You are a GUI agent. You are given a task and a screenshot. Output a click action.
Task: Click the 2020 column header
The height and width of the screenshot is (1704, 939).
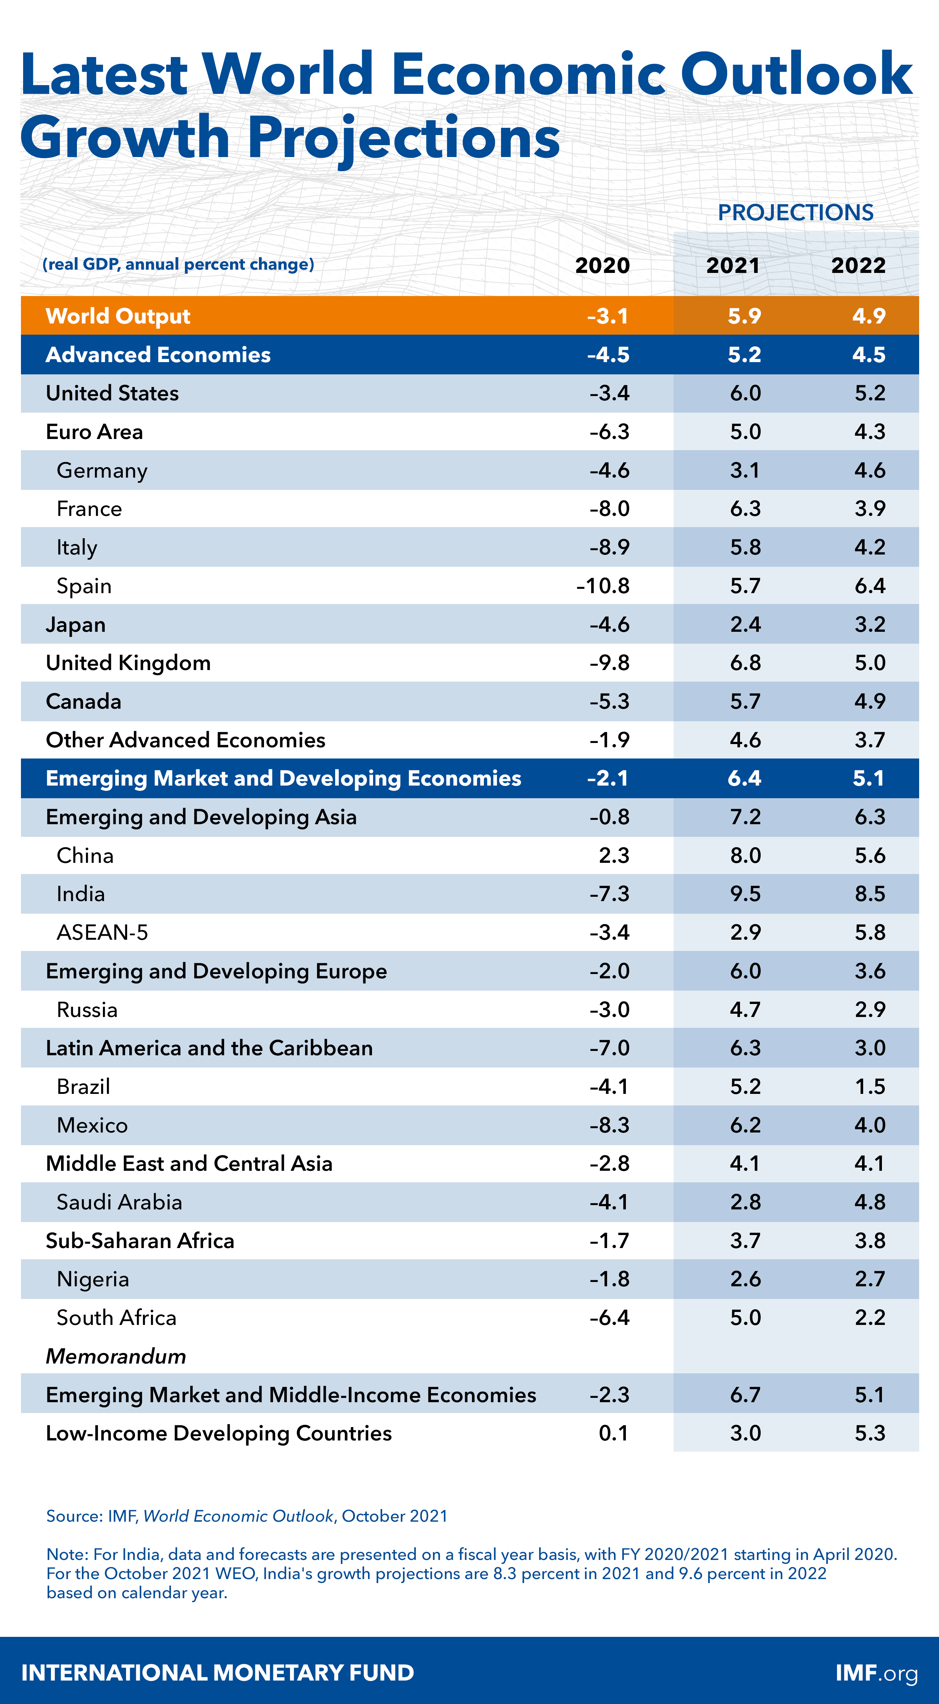pyautogui.click(x=602, y=265)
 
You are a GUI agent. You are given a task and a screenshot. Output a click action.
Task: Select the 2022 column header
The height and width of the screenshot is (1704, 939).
pyautogui.click(x=858, y=265)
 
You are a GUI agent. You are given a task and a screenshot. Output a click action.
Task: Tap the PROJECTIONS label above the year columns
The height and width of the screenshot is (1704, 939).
pyautogui.click(x=795, y=212)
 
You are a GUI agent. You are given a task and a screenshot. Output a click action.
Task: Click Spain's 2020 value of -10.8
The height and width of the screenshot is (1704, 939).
pyautogui.click(x=603, y=586)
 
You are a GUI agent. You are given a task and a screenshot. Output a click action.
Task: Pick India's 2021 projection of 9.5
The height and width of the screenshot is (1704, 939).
pyautogui.click(x=745, y=894)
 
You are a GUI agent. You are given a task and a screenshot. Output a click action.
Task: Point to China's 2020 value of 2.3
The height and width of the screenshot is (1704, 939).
pyautogui.click(x=614, y=855)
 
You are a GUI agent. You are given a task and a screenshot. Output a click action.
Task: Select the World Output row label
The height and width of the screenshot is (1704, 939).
pyautogui.click(x=118, y=316)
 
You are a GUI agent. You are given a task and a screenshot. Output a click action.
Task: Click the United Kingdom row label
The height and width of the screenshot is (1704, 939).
pyautogui.click(x=128, y=663)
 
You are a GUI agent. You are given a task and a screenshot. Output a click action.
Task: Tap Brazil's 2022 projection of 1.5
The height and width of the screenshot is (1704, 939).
pyautogui.click(x=870, y=1086)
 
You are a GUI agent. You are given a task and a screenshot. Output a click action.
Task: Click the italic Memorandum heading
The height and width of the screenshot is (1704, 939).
pyautogui.click(x=116, y=1356)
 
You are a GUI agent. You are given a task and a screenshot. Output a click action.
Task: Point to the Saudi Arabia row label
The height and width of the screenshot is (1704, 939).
pyautogui.click(x=119, y=1202)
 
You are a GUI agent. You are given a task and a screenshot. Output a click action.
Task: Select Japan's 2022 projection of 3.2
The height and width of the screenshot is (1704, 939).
pyautogui.click(x=870, y=625)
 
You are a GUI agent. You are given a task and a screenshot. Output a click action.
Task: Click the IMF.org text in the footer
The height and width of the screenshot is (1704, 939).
pyautogui.click(x=876, y=1673)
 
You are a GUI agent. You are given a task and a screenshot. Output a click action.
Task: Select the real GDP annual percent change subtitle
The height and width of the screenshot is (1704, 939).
pyautogui.click(x=178, y=265)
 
